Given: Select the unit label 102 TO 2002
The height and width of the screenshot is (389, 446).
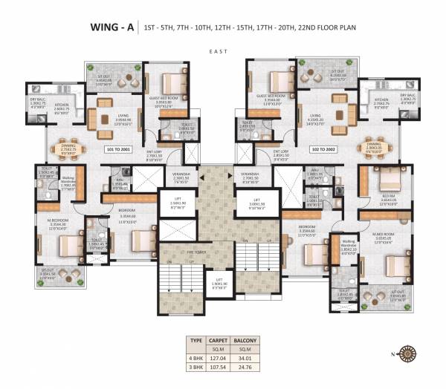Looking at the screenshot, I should point(326,150).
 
